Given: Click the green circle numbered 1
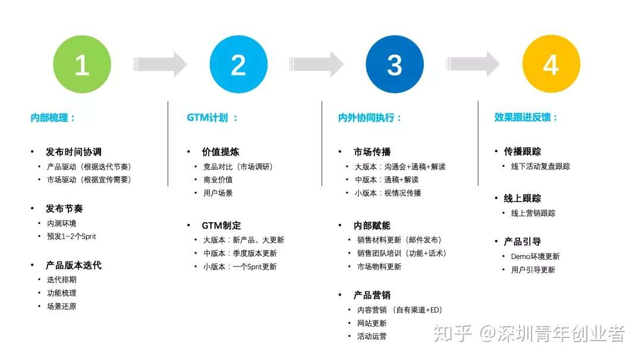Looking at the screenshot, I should click(x=82, y=64).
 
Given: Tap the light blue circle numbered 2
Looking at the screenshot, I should click(x=238, y=64).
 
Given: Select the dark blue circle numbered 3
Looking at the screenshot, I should click(x=395, y=64).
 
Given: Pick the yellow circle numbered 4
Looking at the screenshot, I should click(x=551, y=64).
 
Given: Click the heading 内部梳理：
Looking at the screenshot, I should click(x=53, y=118).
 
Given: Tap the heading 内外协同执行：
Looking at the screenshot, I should click(x=370, y=118).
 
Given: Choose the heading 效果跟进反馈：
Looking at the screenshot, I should click(x=527, y=118).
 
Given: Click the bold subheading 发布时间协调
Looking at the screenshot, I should click(x=74, y=152).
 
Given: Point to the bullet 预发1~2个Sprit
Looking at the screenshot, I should click(x=71, y=236).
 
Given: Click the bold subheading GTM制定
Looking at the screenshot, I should click(x=221, y=226).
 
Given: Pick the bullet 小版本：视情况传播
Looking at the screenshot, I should click(x=388, y=193).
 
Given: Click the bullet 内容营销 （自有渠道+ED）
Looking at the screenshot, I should click(x=399, y=310).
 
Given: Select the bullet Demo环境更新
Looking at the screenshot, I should click(x=535, y=257).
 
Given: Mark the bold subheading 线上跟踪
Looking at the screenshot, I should click(x=523, y=198).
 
